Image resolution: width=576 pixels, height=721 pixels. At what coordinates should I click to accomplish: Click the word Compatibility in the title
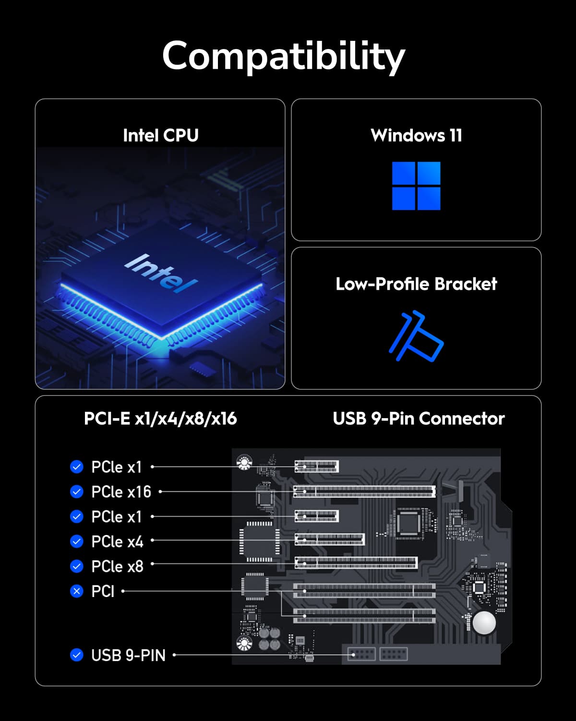[283, 56]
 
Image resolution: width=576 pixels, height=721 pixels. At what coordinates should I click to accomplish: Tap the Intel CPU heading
[160, 136]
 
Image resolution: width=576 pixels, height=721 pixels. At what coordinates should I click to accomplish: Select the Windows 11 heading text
[416, 136]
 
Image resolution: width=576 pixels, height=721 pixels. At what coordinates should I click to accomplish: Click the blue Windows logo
[416, 186]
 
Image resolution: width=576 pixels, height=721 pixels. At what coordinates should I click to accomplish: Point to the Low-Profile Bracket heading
[416, 284]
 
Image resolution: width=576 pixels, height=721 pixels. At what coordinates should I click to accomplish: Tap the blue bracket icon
[416, 336]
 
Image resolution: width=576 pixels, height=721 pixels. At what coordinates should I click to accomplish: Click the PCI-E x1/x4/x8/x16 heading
[160, 419]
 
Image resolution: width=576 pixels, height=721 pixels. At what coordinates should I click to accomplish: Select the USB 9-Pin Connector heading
[419, 419]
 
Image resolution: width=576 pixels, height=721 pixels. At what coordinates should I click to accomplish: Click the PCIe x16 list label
[121, 492]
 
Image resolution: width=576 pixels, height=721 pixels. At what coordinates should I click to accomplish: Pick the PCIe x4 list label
[117, 542]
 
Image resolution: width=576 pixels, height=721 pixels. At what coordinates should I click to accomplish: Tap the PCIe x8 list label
[117, 567]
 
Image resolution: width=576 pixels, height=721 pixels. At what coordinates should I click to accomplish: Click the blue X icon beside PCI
[77, 591]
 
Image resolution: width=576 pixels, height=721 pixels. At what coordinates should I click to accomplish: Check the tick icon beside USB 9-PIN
[77, 655]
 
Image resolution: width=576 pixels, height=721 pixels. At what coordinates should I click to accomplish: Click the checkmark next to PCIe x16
[77, 492]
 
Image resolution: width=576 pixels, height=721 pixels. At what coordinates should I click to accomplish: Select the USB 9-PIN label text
[128, 655]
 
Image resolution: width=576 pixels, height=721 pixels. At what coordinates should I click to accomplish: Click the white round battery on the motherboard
[484, 623]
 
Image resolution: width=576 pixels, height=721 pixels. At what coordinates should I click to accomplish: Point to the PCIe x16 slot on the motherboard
[364, 491]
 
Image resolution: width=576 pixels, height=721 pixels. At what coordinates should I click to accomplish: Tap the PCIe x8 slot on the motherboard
[356, 563]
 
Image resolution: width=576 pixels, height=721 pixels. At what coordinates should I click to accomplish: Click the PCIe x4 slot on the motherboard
[329, 539]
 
